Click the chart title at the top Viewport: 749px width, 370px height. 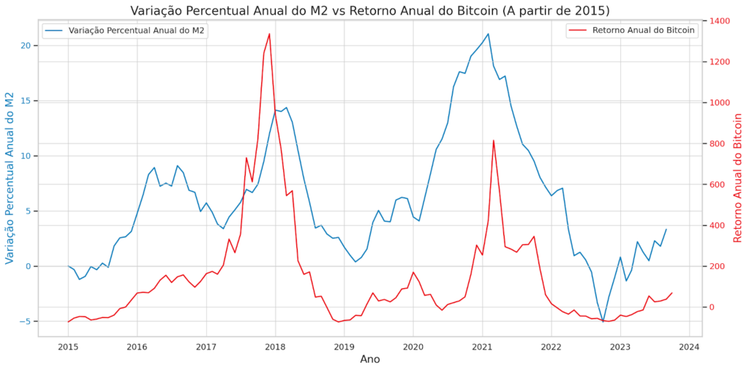(x=369, y=10)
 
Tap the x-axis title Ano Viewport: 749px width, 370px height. (x=370, y=359)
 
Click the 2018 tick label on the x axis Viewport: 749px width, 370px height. (x=275, y=346)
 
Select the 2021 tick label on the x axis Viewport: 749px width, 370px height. (x=482, y=346)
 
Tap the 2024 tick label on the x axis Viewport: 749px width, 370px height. (x=689, y=346)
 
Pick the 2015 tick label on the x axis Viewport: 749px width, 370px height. (x=68, y=346)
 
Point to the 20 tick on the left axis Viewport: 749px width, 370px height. (x=26, y=45)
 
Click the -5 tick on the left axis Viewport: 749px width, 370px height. (x=26, y=321)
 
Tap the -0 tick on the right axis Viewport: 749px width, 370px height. (x=714, y=307)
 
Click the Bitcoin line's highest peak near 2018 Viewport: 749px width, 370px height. (x=269, y=34)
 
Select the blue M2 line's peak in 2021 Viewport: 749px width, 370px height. (x=488, y=34)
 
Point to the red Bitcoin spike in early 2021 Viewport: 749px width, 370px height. (x=494, y=140)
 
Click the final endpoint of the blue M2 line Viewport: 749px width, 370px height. (x=666, y=229)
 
